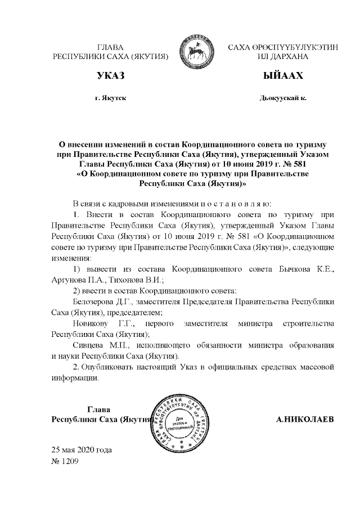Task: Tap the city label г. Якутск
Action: (110, 98)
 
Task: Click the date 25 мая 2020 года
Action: (82, 451)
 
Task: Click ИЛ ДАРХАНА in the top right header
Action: (283, 57)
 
